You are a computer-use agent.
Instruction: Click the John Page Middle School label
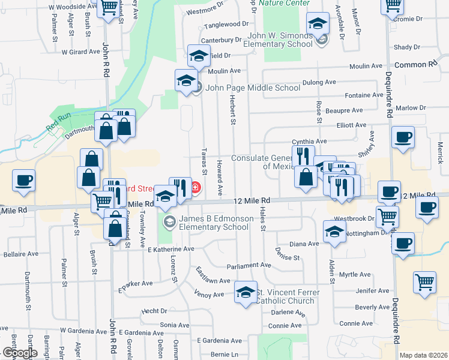click(252, 88)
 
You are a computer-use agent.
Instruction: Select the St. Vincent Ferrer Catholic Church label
click(288, 296)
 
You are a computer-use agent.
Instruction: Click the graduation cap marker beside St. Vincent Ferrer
click(246, 293)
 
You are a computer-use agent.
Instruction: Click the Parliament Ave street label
click(249, 265)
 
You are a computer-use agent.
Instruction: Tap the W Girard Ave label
click(80, 52)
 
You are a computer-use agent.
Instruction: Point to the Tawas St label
click(204, 168)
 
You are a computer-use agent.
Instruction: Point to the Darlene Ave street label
click(289, 313)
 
